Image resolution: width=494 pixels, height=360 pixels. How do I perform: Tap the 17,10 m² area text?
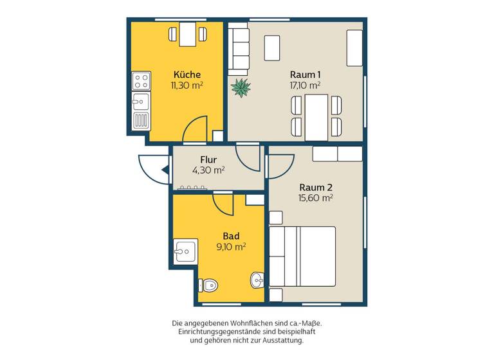[305, 84]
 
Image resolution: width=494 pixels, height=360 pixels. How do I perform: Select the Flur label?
[208, 159]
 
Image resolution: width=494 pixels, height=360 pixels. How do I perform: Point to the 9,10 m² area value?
[231, 246]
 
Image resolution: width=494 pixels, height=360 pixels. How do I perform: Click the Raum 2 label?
[316, 187]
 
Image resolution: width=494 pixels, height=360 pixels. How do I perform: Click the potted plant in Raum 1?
[241, 87]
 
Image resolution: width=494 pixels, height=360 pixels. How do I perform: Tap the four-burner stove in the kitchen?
[141, 80]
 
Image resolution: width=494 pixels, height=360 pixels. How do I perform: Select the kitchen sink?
[141, 101]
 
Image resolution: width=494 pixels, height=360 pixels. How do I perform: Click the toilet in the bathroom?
[208, 285]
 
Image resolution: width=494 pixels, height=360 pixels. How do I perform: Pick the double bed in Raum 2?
[302, 256]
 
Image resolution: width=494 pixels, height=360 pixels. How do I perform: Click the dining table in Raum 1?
[316, 117]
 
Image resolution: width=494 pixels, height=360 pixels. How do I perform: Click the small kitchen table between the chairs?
[187, 33]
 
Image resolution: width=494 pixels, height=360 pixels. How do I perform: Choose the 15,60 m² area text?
[315, 199]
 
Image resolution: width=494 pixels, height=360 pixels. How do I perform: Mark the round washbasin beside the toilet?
[257, 280]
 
